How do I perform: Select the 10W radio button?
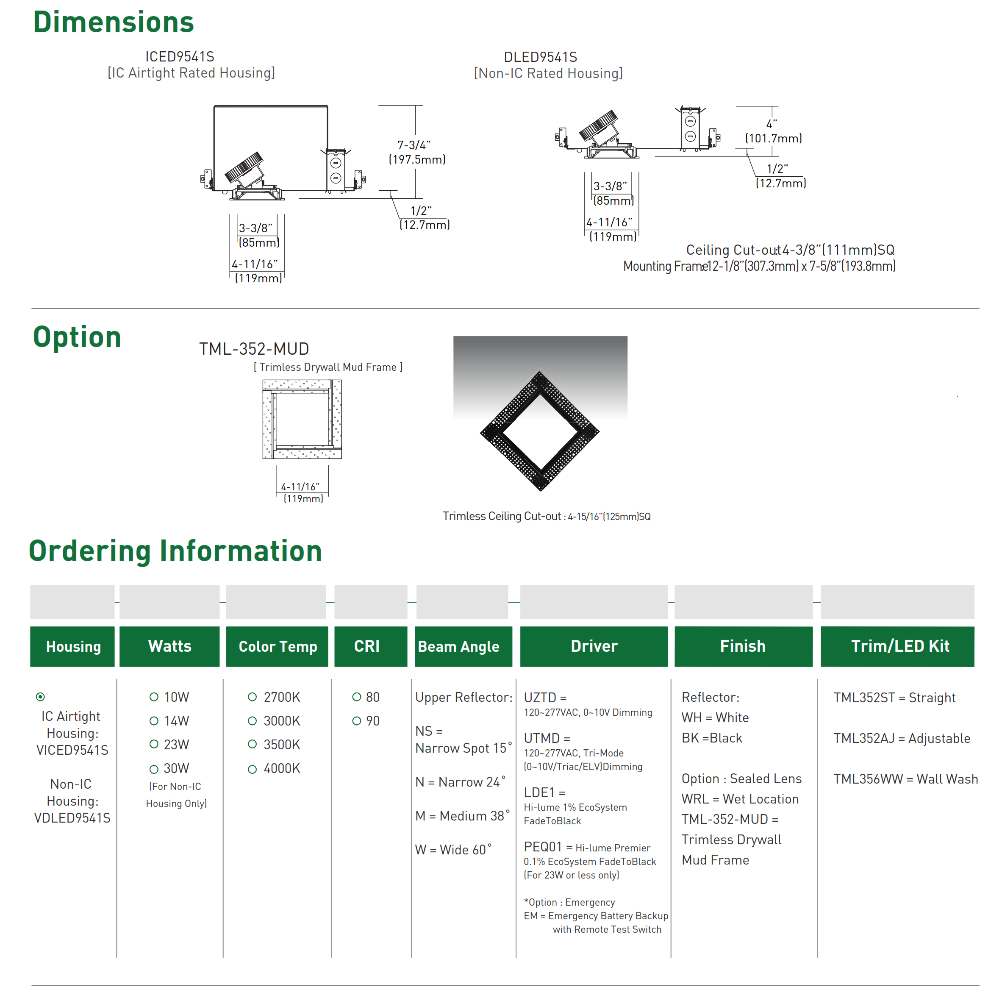tap(153, 697)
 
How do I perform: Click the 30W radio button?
tap(153, 769)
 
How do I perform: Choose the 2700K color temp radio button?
tap(252, 697)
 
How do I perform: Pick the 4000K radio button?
tap(252, 769)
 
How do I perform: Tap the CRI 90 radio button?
tap(356, 720)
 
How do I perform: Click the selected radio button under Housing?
tap(40, 697)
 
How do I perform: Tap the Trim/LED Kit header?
tap(899, 646)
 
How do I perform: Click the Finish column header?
tap(742, 646)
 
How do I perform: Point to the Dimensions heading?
tap(113, 22)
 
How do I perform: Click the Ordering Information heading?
tap(175, 551)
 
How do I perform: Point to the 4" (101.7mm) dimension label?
tap(773, 131)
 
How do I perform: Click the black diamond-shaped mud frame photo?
tap(540, 431)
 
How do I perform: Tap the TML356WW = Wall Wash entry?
tap(905, 779)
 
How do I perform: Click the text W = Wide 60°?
tap(453, 850)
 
